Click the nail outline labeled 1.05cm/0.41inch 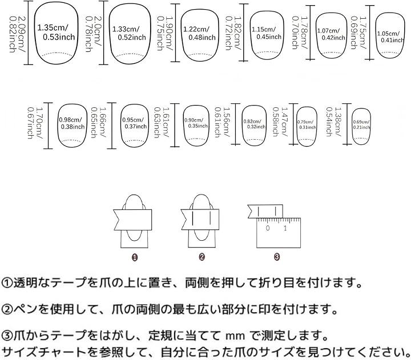(x=391, y=35)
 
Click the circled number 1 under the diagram (x=135, y=257)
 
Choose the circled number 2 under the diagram (x=202, y=257)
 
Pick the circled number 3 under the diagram (x=276, y=257)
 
